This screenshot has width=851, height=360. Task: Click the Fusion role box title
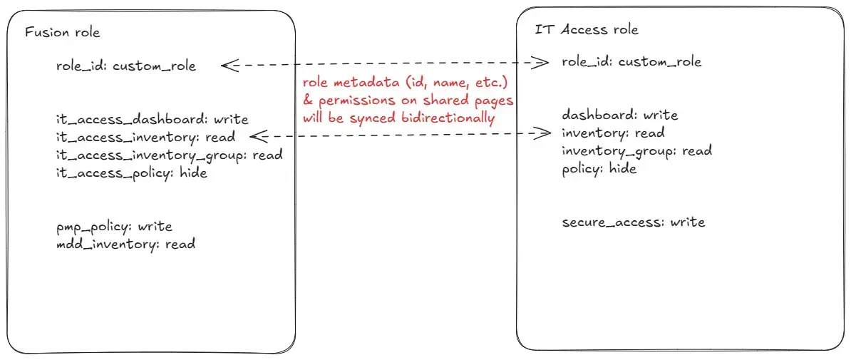63,33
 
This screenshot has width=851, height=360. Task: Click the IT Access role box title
587,29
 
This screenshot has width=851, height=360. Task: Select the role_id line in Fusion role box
126,66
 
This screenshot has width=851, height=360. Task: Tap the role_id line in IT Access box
631,62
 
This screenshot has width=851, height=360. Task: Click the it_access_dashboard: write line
153,120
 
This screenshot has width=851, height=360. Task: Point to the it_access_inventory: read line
145,138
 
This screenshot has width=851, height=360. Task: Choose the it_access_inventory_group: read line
170,155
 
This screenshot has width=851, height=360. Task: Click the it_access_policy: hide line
131,173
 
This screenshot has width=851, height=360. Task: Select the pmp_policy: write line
114,227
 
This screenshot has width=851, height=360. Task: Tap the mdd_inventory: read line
125,244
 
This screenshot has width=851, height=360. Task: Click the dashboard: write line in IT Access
620,115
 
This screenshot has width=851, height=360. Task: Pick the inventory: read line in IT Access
613,133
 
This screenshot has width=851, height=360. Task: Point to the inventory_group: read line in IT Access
636,151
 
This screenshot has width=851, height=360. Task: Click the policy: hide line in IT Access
599,169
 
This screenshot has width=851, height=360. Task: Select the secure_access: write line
634,222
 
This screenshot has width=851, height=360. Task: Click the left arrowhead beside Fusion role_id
229,66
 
